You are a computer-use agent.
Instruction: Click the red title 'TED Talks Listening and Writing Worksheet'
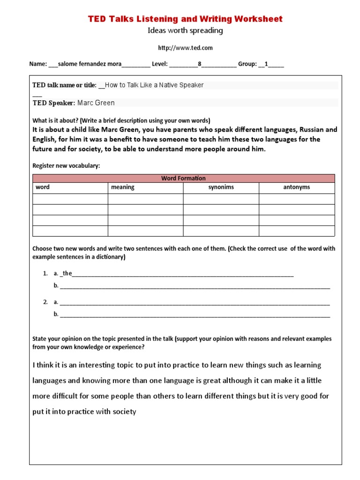185,19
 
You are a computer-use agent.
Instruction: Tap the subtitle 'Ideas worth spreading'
185,31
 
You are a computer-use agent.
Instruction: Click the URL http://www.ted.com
185,48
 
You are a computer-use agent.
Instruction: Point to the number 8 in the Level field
199,64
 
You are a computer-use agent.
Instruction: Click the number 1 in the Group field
266,64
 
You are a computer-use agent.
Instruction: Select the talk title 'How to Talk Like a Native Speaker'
154,85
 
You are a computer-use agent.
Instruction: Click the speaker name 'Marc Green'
96,103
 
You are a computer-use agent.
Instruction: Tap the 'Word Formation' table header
183,178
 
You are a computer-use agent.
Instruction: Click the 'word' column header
43,187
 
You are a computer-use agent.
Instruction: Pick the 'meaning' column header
122,187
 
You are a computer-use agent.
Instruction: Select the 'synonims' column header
221,187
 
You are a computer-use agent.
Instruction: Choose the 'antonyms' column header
296,187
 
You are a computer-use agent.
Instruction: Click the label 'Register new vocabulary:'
66,166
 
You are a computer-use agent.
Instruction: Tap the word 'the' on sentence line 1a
67,273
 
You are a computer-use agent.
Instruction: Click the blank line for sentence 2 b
195,315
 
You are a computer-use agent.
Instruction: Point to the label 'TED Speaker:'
53,103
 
